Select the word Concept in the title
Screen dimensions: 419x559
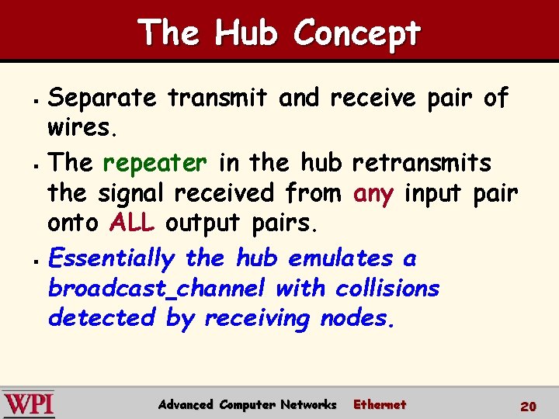pos(358,33)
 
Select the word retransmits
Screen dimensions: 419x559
pos(422,163)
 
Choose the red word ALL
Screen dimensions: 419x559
pos(133,223)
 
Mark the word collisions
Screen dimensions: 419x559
pos(387,289)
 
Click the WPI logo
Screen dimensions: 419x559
pos(29,404)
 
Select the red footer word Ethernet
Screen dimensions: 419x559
pos(380,404)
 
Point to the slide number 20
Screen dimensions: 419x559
pos(528,406)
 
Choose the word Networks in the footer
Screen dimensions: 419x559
pos(308,404)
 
